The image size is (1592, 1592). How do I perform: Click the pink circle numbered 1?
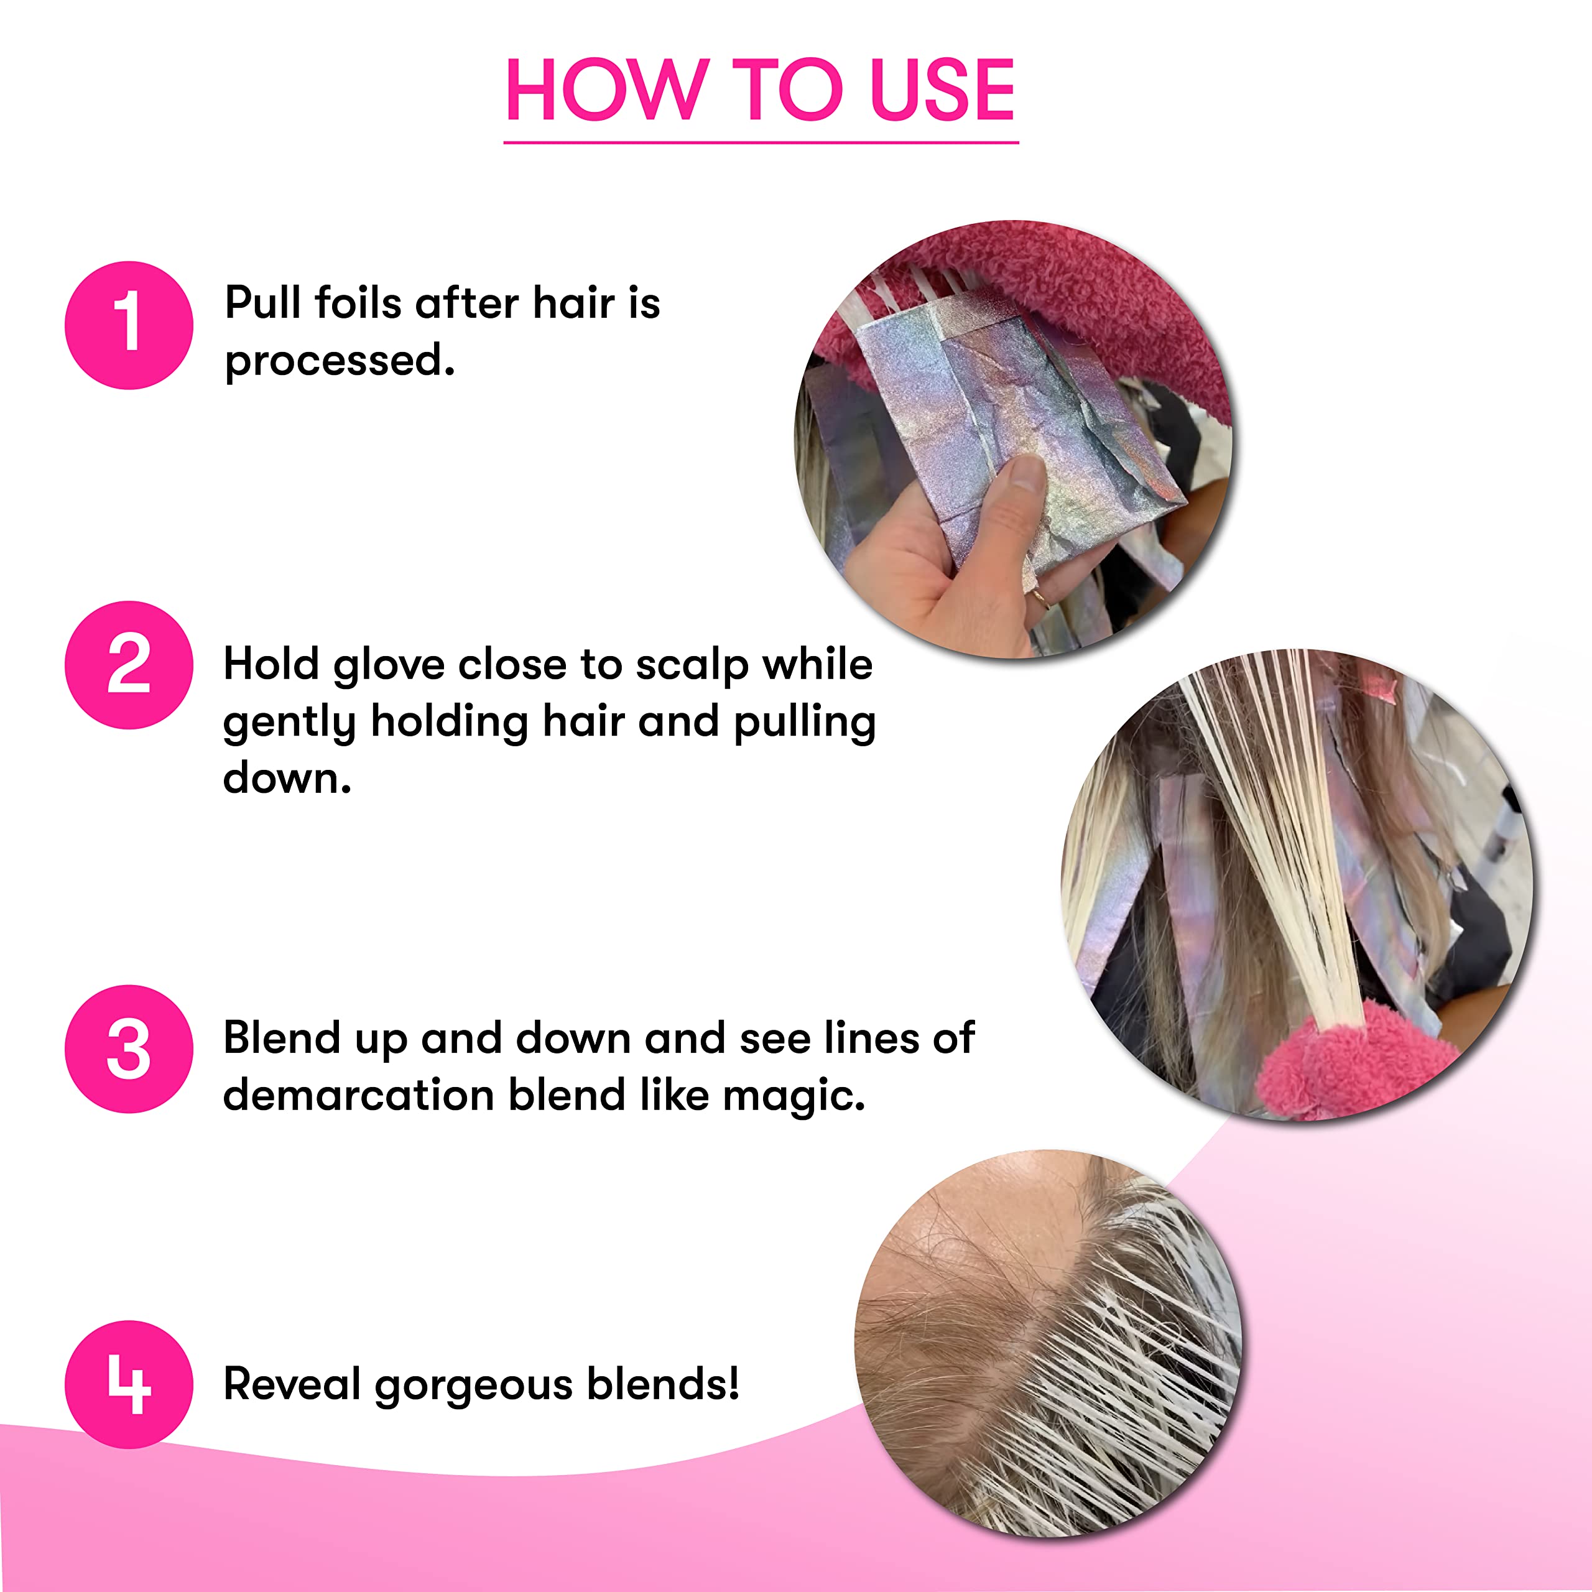(x=129, y=325)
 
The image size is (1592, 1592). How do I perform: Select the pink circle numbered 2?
(x=129, y=664)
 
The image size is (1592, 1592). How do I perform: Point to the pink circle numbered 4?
(x=129, y=1384)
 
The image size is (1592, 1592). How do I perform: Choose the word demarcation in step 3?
(x=358, y=1095)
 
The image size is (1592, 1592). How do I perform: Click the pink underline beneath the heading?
(x=761, y=142)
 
